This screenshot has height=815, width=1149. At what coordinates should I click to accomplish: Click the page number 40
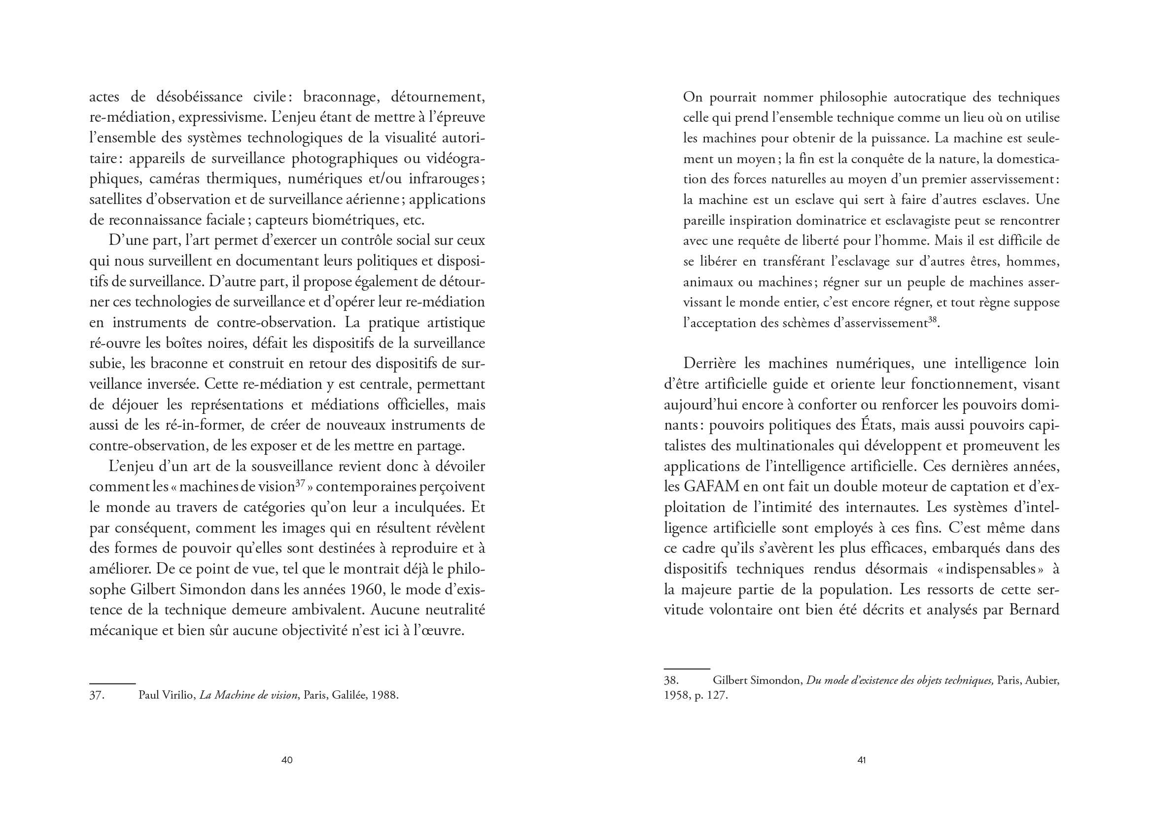[x=286, y=760]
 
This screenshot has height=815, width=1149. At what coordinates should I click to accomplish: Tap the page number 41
[x=861, y=760]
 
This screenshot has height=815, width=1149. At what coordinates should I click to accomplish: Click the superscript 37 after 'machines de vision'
[x=301, y=484]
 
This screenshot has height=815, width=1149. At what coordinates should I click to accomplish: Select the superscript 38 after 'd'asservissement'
[x=933, y=320]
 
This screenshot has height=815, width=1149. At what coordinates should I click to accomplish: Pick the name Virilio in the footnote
[x=180, y=696]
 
